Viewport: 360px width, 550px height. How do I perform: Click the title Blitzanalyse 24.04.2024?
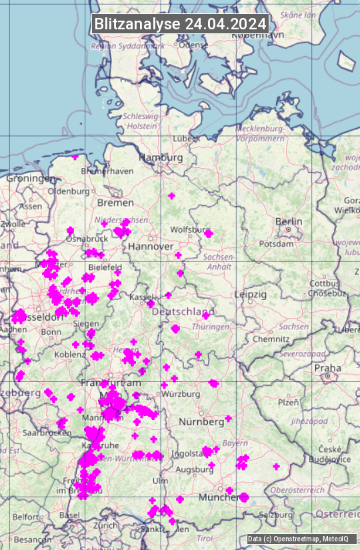(180, 23)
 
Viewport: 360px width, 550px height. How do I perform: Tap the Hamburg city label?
(161, 157)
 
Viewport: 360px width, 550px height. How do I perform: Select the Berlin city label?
(288, 221)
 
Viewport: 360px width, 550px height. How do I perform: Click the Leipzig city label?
(250, 294)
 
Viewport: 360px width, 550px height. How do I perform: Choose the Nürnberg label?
(201, 422)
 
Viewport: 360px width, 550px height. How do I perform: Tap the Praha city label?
(328, 368)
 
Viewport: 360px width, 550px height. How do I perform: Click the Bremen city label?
(115, 203)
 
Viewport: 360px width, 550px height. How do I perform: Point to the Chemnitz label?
(270, 339)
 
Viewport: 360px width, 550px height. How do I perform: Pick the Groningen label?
(31, 179)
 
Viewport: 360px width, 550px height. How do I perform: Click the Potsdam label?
(271, 244)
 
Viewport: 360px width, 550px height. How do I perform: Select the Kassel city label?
(141, 296)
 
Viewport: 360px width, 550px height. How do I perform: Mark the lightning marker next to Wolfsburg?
(208, 233)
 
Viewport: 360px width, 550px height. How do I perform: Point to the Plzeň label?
(288, 402)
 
